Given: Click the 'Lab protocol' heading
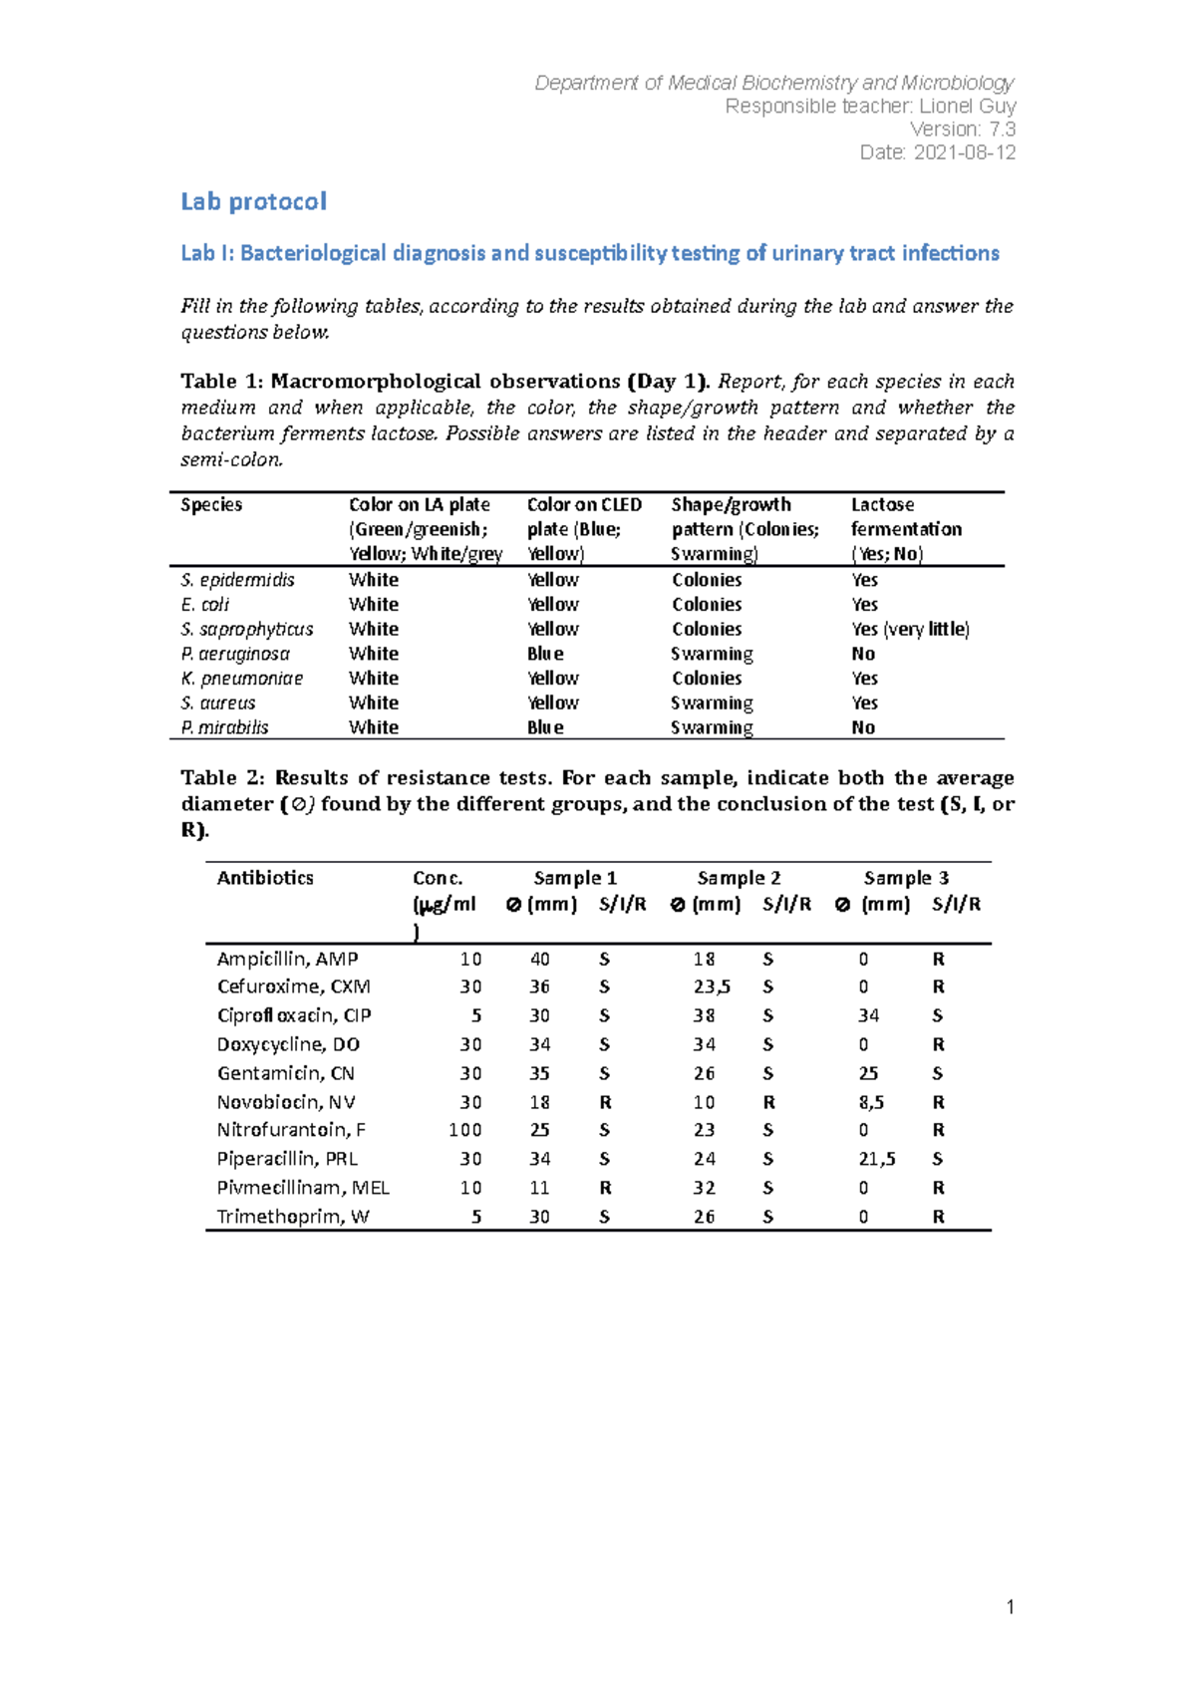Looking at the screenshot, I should [253, 201].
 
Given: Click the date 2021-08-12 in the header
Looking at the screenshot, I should [965, 152].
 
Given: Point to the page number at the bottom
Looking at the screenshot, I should [1010, 1606].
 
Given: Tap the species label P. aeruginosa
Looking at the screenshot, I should [235, 654].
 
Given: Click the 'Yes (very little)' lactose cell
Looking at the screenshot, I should [910, 629].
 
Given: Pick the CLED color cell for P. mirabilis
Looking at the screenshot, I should [545, 727].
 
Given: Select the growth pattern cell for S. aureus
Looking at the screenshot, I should [712, 703].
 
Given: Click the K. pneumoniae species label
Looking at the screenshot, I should [241, 679].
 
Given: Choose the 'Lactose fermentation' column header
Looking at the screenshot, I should [906, 517].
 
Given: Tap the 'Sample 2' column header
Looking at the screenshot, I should [739, 878].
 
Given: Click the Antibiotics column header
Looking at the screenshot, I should [265, 878].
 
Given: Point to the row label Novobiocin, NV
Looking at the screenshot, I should [286, 1102].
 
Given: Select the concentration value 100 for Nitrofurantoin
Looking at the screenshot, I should [464, 1130].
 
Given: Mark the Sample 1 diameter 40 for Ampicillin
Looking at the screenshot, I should [539, 959].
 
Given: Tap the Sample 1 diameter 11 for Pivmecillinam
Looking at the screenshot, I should [539, 1188].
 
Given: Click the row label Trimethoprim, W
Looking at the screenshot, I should [293, 1217].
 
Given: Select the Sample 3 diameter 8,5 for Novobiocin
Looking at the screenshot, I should [870, 1102].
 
